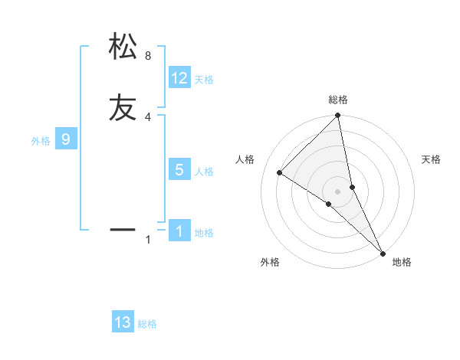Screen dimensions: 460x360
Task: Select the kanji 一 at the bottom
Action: (x=123, y=228)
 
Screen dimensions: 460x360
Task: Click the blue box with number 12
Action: (x=179, y=78)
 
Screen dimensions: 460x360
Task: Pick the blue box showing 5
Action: (x=179, y=170)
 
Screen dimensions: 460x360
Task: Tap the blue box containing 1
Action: (x=179, y=231)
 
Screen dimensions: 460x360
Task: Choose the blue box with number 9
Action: (x=66, y=139)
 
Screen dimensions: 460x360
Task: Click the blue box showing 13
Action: (x=123, y=322)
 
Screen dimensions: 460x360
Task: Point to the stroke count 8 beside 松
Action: (x=148, y=56)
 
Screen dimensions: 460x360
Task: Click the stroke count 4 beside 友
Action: (x=148, y=117)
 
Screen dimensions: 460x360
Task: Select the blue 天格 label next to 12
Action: (x=204, y=80)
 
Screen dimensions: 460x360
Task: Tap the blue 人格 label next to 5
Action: (x=204, y=172)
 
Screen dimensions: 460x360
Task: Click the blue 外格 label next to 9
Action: (x=41, y=141)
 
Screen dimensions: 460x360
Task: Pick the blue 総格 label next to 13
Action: (x=147, y=324)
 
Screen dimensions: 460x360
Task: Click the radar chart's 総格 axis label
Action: (x=337, y=100)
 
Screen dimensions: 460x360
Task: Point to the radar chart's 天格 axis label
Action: (x=432, y=159)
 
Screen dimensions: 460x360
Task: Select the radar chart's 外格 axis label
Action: (x=270, y=262)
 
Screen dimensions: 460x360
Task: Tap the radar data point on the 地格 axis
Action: (x=383, y=252)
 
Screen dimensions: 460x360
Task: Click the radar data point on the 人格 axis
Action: (x=280, y=172)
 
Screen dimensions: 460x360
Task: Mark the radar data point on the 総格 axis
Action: (x=337, y=116)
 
